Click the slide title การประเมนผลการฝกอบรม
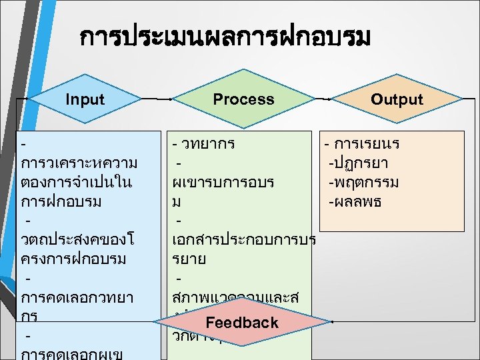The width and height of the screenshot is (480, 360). point(223,38)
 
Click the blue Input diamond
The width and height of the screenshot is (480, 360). point(85,99)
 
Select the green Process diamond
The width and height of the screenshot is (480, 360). point(243,99)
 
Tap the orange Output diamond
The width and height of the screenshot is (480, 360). point(397,100)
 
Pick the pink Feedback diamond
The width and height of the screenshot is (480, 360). point(241,323)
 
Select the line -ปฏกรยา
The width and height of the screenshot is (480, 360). point(359,163)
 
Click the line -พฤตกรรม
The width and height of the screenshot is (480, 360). point(363,182)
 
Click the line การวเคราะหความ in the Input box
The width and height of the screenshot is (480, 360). point(79,163)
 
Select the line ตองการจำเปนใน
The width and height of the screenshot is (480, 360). point(77,182)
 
